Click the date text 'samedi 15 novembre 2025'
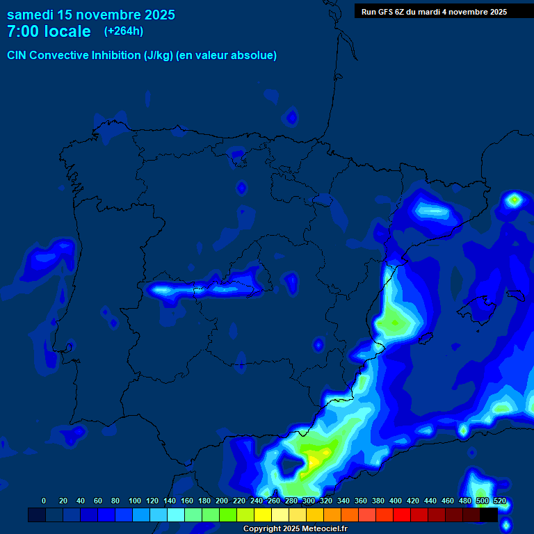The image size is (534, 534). (90, 15)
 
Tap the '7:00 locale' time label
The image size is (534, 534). (49, 31)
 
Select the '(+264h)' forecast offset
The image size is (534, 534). (124, 31)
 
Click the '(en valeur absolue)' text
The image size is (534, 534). (227, 56)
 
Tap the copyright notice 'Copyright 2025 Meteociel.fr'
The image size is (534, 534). (295, 529)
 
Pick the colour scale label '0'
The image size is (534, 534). (44, 501)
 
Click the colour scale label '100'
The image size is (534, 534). (134, 501)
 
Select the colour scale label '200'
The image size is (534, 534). (221, 501)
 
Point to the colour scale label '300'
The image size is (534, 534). (308, 501)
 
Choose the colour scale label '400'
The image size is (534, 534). (395, 501)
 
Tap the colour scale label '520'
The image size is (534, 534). (499, 501)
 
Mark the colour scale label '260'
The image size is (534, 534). (273, 501)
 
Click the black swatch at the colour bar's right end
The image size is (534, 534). (489, 515)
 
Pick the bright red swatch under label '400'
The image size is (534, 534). (402, 515)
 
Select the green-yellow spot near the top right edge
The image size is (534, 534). (514, 200)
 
